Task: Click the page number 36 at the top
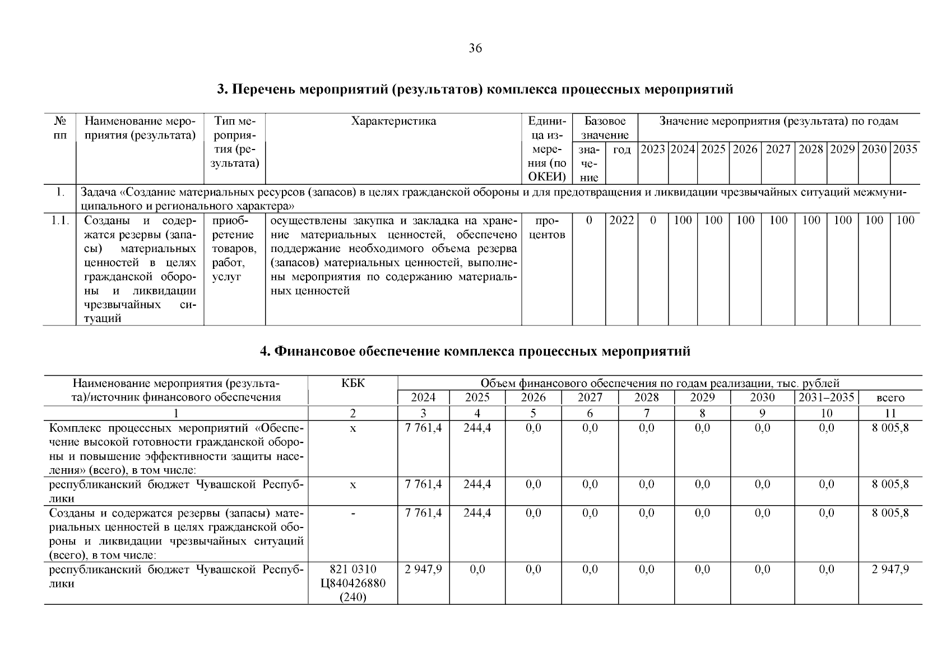(x=475, y=49)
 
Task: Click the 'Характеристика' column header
(x=393, y=122)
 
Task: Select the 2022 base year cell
(x=621, y=220)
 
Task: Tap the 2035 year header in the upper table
(x=905, y=150)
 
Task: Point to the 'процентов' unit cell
(x=546, y=227)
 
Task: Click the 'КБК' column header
(x=352, y=383)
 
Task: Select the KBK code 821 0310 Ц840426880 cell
(x=352, y=583)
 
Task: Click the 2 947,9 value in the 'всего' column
(x=890, y=569)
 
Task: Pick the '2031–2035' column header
(x=826, y=398)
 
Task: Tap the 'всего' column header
(x=890, y=398)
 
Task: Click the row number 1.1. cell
(x=59, y=220)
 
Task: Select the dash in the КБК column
(x=352, y=513)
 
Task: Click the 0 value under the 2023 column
(x=653, y=220)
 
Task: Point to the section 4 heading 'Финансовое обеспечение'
(x=475, y=352)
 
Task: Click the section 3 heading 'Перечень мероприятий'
(x=475, y=90)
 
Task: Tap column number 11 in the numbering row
(x=890, y=413)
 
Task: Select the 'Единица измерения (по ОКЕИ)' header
(x=546, y=150)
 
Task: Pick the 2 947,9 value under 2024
(x=423, y=569)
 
